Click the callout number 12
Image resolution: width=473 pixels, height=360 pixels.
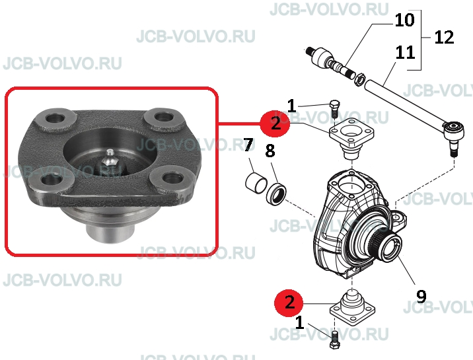(x=444, y=38)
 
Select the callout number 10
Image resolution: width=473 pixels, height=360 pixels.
(x=404, y=20)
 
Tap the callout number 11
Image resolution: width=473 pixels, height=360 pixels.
(x=405, y=52)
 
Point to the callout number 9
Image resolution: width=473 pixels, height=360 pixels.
(x=421, y=296)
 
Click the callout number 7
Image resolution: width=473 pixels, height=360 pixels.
(x=248, y=145)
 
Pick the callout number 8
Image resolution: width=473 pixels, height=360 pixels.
(x=270, y=151)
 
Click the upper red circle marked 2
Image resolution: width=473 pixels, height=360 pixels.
(x=275, y=124)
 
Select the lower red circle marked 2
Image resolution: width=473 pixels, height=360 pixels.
(x=289, y=303)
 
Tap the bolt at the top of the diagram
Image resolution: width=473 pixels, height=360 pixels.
(x=334, y=109)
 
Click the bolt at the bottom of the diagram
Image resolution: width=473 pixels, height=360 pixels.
(x=334, y=340)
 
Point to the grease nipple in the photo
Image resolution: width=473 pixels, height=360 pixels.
(x=110, y=159)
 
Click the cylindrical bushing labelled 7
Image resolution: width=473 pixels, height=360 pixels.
(x=256, y=183)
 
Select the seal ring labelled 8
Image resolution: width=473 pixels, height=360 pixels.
(x=276, y=195)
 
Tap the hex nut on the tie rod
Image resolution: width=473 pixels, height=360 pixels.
(x=359, y=79)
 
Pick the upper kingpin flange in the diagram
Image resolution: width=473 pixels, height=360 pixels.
(x=351, y=137)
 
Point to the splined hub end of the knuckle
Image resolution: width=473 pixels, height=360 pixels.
(x=387, y=245)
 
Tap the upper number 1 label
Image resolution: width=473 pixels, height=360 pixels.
(x=291, y=106)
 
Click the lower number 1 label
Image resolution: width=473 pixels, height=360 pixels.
(x=299, y=322)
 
